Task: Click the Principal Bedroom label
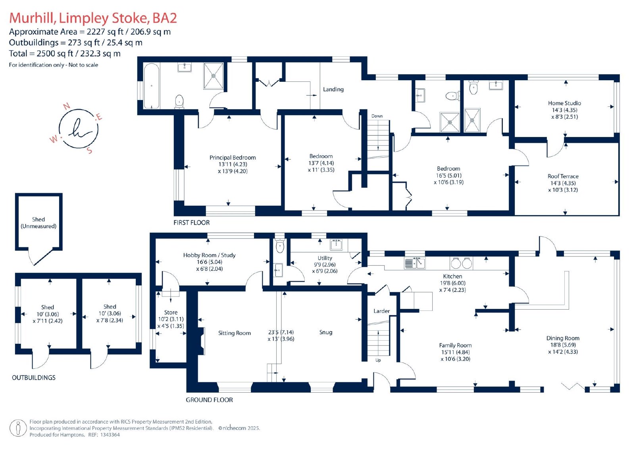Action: point(233,158)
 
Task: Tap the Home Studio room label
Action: point(564,103)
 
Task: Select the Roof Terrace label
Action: point(563,176)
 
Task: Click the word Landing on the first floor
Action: point(333,89)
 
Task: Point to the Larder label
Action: point(381,311)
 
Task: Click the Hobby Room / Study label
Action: point(209,255)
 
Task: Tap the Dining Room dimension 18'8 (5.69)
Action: point(563,345)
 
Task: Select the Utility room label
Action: point(325,258)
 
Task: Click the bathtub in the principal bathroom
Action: point(151,86)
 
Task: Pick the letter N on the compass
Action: point(67,106)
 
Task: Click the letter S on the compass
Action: point(90,150)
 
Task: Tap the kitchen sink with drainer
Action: point(414,263)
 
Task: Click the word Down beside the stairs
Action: point(377,116)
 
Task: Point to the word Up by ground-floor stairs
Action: point(378,360)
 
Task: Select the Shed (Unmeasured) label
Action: point(38,223)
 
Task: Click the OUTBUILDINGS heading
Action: point(33,378)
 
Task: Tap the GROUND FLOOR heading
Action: point(209,400)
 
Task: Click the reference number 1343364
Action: point(109,435)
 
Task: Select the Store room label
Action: point(171,312)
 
